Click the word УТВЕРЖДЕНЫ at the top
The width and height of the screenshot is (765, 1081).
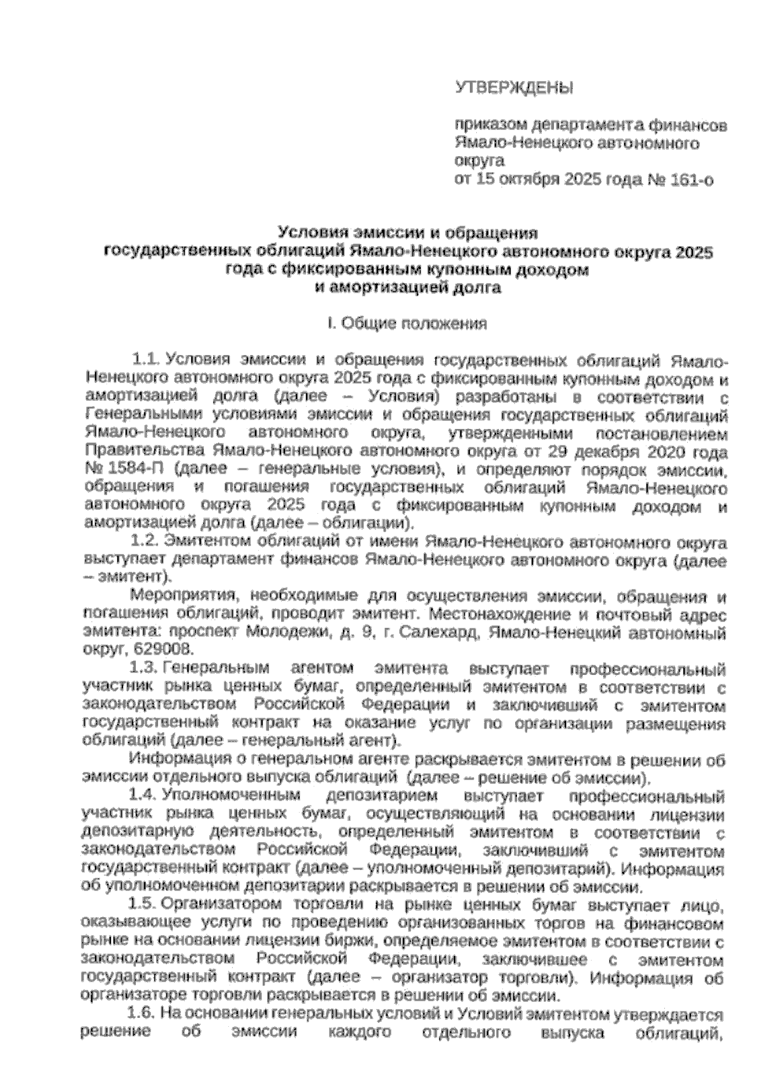[514, 87]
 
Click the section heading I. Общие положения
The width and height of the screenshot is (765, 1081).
[408, 324]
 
